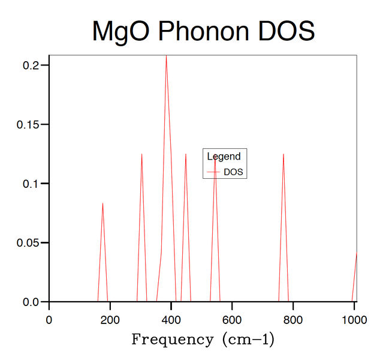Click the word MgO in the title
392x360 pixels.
click(121, 31)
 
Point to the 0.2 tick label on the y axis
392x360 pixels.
click(32, 65)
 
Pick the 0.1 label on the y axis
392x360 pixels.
click(32, 184)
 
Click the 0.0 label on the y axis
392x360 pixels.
click(32, 302)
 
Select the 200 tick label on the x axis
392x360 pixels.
click(110, 318)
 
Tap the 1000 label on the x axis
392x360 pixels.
click(353, 318)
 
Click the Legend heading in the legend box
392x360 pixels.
click(224, 157)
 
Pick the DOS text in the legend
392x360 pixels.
click(235, 172)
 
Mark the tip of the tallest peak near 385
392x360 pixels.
click(166, 55)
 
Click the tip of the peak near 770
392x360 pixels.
click(283, 154)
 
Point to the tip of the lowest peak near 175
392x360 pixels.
click(102, 203)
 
